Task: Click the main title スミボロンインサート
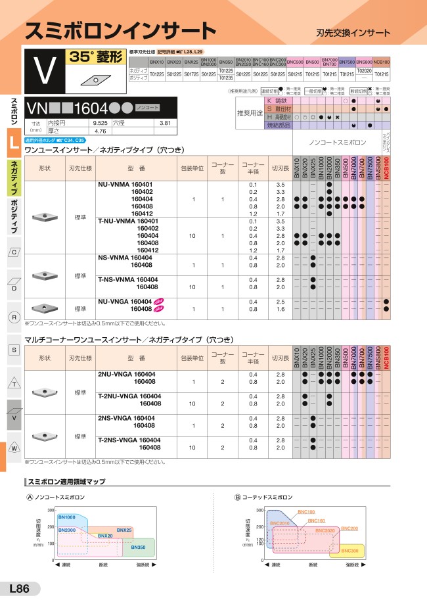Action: click(120, 30)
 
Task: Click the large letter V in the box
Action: click(44, 72)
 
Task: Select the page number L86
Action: click(19, 589)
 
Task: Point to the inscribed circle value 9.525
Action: click(101, 123)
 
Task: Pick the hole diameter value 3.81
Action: click(165, 123)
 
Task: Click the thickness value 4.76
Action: click(101, 131)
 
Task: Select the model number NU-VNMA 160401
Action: click(125, 185)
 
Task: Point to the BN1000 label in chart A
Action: click(66, 518)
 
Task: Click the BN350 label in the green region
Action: click(139, 547)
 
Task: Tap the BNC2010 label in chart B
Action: click(279, 523)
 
